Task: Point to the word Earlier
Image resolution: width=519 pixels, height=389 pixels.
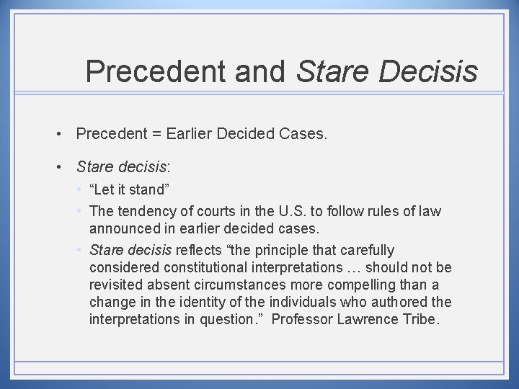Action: pos(190,133)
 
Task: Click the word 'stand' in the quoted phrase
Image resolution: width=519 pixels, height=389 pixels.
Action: pos(148,190)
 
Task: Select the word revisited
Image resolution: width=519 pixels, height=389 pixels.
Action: pos(115,285)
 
